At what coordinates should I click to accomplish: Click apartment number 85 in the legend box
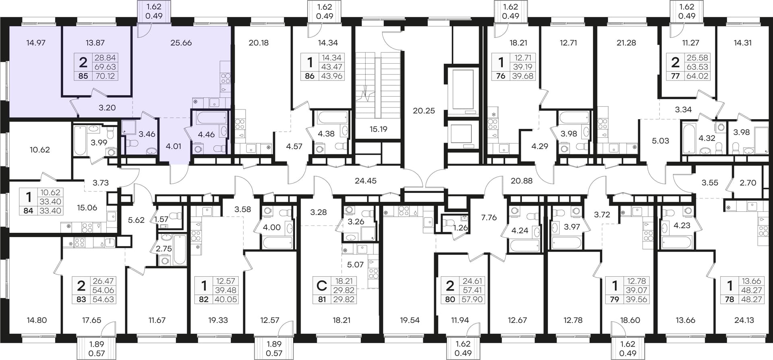click(83, 76)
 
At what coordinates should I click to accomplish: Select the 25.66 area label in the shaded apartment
click(181, 43)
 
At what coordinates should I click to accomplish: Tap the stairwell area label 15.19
click(378, 129)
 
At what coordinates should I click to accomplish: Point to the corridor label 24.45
click(366, 181)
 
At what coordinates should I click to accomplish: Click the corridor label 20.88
click(521, 181)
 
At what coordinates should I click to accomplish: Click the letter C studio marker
click(322, 286)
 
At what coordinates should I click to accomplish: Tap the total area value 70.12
click(105, 76)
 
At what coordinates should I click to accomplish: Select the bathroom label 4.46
click(207, 134)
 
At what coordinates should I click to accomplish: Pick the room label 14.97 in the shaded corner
click(36, 43)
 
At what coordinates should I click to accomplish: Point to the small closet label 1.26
click(461, 228)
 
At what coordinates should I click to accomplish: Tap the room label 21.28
click(626, 43)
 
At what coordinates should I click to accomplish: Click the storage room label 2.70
click(748, 182)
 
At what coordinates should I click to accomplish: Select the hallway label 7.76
click(489, 217)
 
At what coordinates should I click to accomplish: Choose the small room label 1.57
click(161, 219)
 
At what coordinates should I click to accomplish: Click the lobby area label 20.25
click(424, 110)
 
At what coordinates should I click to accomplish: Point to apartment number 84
click(28, 211)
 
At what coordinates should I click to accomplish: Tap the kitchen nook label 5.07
click(355, 265)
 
